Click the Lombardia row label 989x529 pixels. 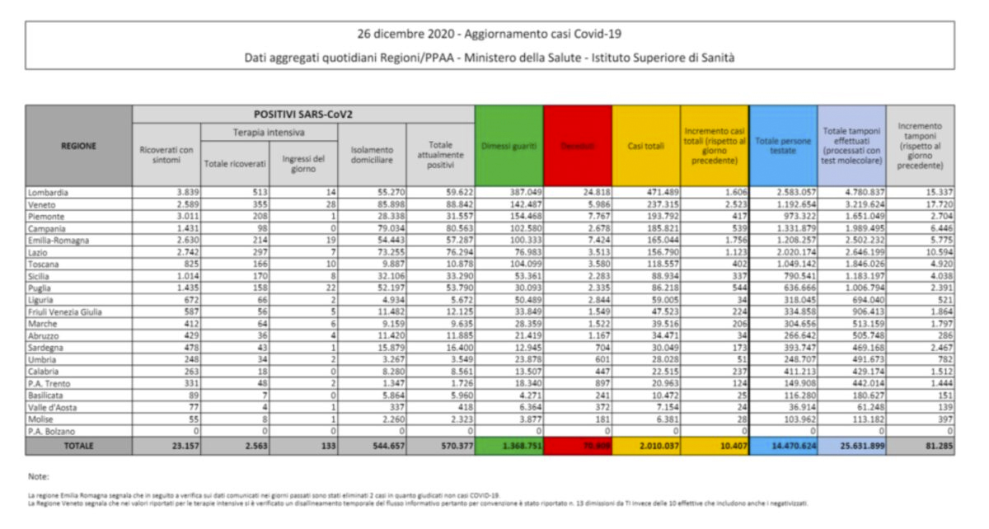(x=49, y=192)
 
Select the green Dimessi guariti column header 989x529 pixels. (x=509, y=146)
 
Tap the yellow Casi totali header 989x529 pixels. (x=646, y=146)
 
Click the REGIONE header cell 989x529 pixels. (x=78, y=146)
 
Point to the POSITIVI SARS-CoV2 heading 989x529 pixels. (x=302, y=114)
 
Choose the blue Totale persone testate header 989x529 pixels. (x=783, y=146)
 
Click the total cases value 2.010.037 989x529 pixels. (x=645, y=446)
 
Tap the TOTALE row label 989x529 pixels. (x=78, y=446)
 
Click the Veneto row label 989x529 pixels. (x=42, y=204)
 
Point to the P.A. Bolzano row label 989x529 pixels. (x=50, y=430)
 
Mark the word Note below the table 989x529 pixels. (x=38, y=476)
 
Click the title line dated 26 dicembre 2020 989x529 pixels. (x=490, y=35)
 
